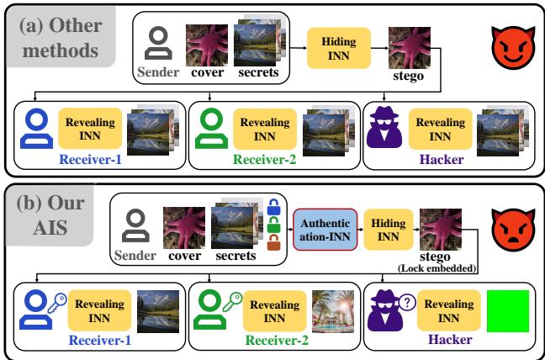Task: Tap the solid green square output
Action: click(x=505, y=311)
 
